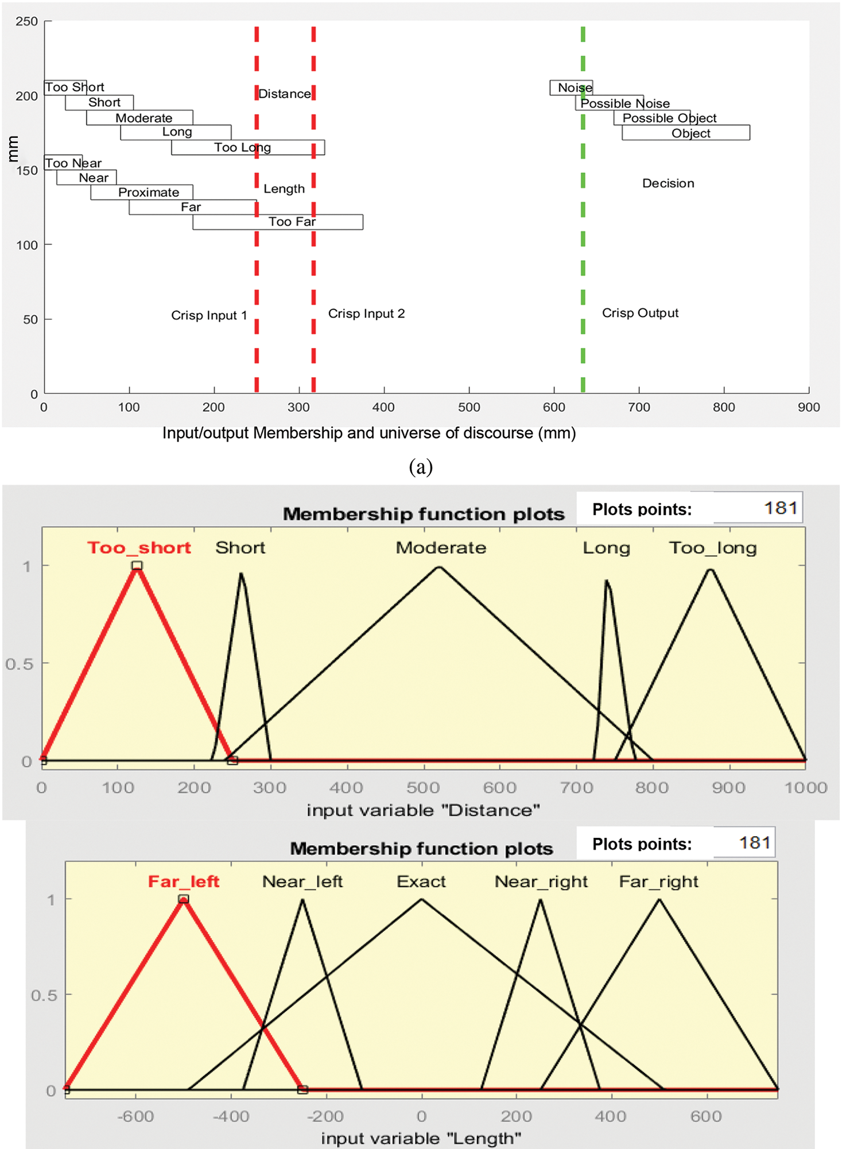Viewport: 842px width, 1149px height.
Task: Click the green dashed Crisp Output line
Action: point(583,230)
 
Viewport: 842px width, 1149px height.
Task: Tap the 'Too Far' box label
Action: point(292,222)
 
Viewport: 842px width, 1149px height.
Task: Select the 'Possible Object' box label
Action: point(669,118)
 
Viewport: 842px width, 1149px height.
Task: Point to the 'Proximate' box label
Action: point(148,192)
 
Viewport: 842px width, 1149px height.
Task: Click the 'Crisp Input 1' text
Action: point(209,315)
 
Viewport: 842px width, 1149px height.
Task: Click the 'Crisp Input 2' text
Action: point(366,314)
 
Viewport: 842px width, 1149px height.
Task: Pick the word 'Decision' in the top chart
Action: point(668,183)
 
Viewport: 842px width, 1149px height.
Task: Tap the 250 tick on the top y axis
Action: point(27,21)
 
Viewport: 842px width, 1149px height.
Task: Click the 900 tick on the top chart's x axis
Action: point(808,407)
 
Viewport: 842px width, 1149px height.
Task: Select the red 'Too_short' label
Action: point(139,547)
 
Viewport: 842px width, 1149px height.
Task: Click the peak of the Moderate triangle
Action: point(439,567)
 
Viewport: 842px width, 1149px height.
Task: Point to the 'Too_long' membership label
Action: point(713,548)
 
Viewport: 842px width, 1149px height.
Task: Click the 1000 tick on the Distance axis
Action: point(805,787)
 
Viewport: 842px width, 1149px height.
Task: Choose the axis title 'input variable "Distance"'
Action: point(423,810)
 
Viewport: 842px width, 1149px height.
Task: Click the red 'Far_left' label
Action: point(184,881)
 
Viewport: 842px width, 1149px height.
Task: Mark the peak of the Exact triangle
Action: point(421,899)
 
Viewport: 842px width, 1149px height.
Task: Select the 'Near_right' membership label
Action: point(541,881)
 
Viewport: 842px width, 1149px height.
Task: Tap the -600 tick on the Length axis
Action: point(136,1116)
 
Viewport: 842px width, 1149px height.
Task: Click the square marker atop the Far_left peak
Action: point(183,899)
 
